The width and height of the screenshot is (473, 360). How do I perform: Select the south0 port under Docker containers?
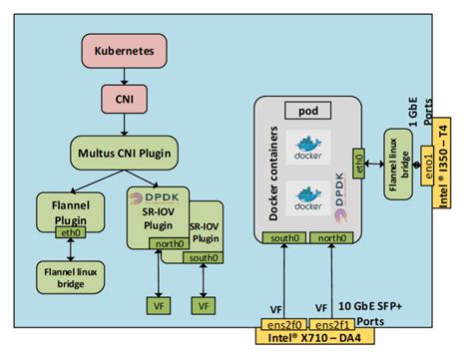pos(285,237)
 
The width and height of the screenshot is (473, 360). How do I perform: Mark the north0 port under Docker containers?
pos(329,237)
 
